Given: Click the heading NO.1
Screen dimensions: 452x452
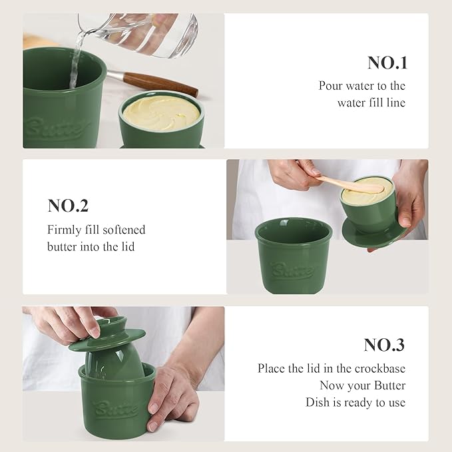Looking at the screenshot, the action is point(387,63).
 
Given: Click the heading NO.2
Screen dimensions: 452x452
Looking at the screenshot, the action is point(68,206).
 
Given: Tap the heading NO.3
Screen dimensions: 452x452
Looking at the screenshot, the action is point(384,345).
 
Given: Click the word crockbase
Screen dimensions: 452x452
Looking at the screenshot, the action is point(380,368).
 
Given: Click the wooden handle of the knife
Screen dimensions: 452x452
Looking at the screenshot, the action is point(160,84).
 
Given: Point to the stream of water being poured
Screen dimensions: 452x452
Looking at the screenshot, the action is point(75,59).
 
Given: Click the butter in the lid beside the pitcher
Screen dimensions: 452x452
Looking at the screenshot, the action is point(161,113).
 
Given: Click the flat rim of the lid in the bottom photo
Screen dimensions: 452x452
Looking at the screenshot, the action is point(107,339).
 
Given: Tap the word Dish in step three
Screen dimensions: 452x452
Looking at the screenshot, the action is point(317,403).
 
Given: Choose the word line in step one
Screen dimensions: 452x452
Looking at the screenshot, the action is point(397,103).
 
